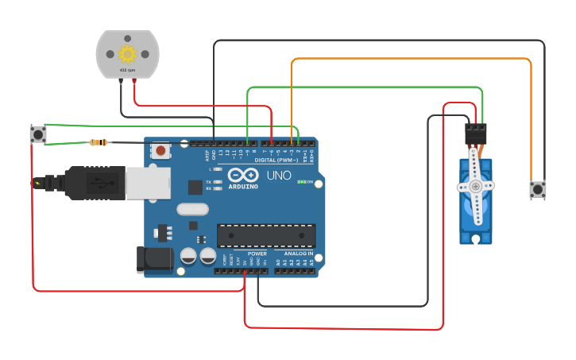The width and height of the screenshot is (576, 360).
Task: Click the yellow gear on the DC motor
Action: tap(127, 54)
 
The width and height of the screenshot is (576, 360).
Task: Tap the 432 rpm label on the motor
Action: tap(127, 71)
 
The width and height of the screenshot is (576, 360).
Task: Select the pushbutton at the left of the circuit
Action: tap(38, 134)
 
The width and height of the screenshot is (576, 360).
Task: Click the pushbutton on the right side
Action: tap(538, 189)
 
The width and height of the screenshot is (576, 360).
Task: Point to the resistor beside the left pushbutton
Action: tap(99, 143)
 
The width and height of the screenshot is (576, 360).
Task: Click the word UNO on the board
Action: tap(278, 175)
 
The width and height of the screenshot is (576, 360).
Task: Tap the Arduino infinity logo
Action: tap(242, 175)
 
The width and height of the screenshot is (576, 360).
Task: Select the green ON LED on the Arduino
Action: tap(300, 182)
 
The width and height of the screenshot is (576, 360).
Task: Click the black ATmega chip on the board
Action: tap(266, 235)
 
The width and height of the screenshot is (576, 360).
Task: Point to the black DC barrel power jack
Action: tap(153, 260)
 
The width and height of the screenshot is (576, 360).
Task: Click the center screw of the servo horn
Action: tap(475, 187)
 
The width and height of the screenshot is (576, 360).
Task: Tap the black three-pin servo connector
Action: tap(476, 133)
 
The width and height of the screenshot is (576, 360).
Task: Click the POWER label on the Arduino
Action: tap(257, 254)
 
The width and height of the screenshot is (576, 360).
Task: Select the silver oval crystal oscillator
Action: tap(192, 210)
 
